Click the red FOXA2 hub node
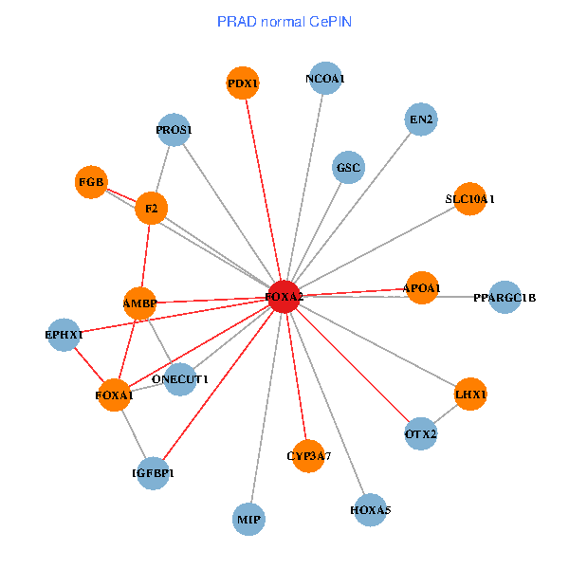coord(284,297)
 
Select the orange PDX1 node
coord(244,83)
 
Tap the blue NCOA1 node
coord(325,80)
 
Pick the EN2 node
coord(419,120)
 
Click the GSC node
coord(348,169)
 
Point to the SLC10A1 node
coord(470,199)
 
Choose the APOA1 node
coord(422,287)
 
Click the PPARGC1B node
coord(505,298)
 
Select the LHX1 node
coord(470,394)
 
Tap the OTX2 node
coord(420,434)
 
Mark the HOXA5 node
coord(370,510)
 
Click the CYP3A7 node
coord(308,456)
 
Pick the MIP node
coord(248,520)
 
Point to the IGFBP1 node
coord(153,472)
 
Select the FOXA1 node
coord(114,395)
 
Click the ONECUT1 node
coord(180,379)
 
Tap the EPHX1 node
coord(64,335)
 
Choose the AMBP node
coord(139,303)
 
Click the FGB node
coord(92,181)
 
